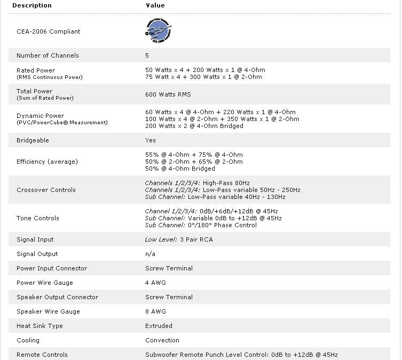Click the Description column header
click(31, 5)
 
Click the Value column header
click(155, 5)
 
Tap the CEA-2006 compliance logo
click(159, 31)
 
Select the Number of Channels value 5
click(147, 55)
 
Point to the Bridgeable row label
click(33, 140)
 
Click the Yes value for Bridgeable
click(151, 140)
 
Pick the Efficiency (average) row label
click(47, 162)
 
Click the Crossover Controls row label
click(46, 190)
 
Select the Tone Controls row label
click(38, 218)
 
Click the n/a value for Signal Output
click(150, 254)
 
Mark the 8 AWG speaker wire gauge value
click(155, 311)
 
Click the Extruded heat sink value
click(159, 326)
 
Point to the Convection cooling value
click(162, 340)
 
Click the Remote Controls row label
click(42, 355)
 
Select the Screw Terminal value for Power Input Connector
click(169, 268)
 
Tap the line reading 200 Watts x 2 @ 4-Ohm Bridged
click(194, 126)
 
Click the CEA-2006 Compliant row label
click(48, 31)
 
